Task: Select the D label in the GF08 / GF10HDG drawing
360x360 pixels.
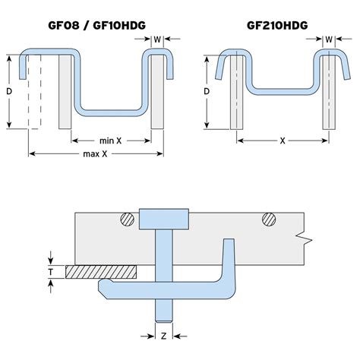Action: [11, 91]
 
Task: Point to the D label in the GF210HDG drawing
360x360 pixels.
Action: [207, 91]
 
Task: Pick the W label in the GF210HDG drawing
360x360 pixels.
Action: [329, 39]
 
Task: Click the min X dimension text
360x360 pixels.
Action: [111, 141]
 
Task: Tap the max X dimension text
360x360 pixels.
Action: [95, 155]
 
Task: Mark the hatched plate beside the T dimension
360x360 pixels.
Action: [102, 270]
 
